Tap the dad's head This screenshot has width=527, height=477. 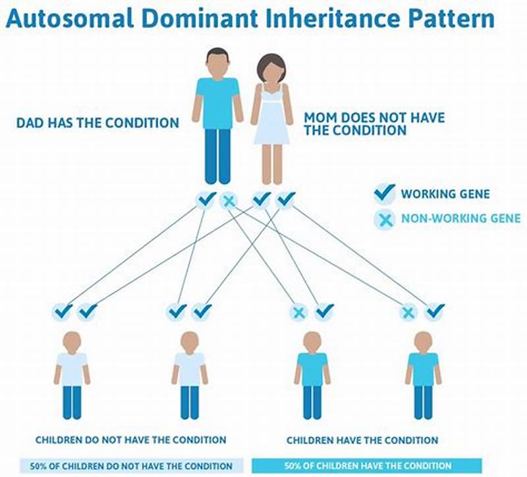pyautogui.click(x=217, y=63)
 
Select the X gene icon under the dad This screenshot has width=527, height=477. pyautogui.click(x=229, y=199)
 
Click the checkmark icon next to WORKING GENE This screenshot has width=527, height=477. pyautogui.click(x=384, y=194)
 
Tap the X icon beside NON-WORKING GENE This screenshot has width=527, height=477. pyautogui.click(x=384, y=218)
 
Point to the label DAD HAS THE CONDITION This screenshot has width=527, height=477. pyautogui.click(x=97, y=122)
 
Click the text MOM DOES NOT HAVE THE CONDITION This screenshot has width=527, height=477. pyautogui.click(x=374, y=124)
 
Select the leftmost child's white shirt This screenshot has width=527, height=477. pyautogui.click(x=72, y=368)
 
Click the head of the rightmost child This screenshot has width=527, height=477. pyautogui.click(x=423, y=341)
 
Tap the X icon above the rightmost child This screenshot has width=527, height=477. pyautogui.click(x=408, y=312)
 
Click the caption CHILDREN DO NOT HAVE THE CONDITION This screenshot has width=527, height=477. pyautogui.click(x=131, y=439)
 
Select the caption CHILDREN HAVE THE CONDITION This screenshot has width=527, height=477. pyautogui.click(x=362, y=439)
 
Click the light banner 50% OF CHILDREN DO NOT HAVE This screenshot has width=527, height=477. pyautogui.click(x=131, y=466)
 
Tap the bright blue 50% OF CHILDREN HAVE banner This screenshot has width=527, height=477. pyautogui.click(x=367, y=466)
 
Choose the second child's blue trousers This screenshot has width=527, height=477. pyautogui.click(x=190, y=401)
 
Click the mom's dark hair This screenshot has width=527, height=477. pyautogui.click(x=272, y=63)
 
